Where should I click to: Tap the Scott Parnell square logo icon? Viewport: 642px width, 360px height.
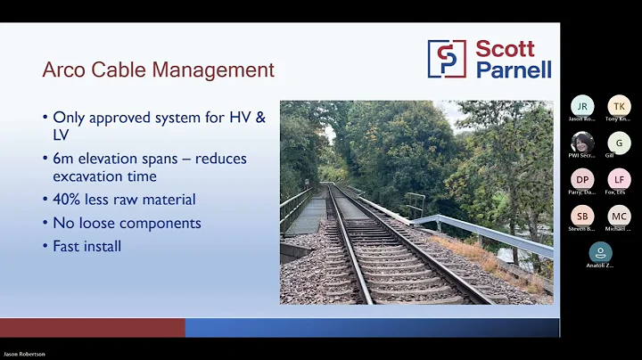tap(447, 59)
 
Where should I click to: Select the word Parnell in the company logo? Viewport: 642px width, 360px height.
tap(513, 69)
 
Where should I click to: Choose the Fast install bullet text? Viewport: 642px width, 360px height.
tap(86, 245)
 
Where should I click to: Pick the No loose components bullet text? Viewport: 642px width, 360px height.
tap(127, 223)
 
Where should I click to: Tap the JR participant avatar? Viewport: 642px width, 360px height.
tap(582, 106)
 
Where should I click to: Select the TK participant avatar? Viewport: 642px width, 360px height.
tap(619, 106)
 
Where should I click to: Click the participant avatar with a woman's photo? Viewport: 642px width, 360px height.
tap(582, 143)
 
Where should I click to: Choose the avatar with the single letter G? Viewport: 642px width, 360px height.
tap(619, 143)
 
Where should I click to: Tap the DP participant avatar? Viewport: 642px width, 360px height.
tap(582, 179)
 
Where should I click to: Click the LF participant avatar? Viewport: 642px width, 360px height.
tap(619, 179)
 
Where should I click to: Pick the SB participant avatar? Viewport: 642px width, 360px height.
tap(582, 217)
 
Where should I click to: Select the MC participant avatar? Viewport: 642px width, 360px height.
tap(619, 217)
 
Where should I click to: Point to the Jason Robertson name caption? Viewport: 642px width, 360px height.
tap(24, 355)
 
